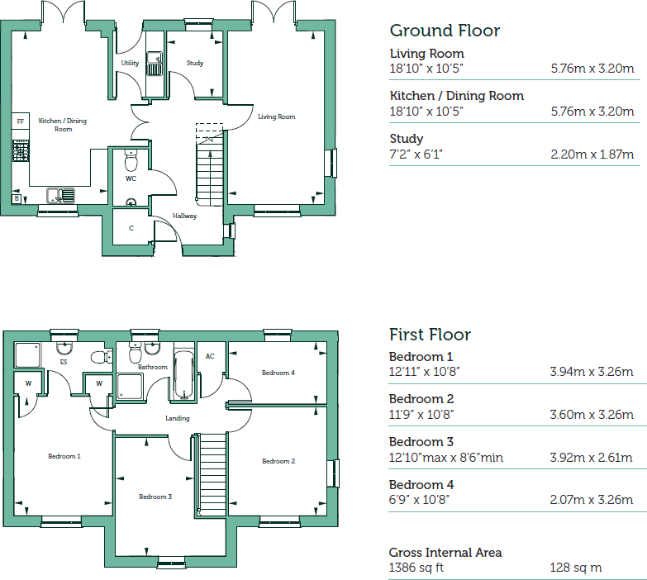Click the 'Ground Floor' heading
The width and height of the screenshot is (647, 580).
coord(445,31)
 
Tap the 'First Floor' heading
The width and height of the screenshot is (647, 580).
coord(430,335)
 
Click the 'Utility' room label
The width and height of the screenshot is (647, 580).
coord(130,63)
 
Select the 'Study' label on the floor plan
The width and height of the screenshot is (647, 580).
coord(195,63)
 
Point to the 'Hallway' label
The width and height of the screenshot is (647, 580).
coord(184,216)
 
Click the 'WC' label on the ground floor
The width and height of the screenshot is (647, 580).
coord(131,178)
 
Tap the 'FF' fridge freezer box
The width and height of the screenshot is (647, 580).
coord(20,121)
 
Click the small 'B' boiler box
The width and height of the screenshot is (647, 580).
coord(17,198)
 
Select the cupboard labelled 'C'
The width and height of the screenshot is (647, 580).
coord(131,228)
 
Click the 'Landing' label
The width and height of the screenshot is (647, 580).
coord(178,418)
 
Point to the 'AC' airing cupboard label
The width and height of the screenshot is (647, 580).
coord(210,356)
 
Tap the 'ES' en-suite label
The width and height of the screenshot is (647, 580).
coord(63,362)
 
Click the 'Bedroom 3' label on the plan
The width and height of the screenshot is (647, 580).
coord(155,497)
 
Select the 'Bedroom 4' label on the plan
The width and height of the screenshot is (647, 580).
coord(278,373)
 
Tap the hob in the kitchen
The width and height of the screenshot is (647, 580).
coord(20,151)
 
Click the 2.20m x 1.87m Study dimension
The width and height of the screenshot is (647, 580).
coord(592,155)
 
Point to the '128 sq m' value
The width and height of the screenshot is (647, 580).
coord(575,568)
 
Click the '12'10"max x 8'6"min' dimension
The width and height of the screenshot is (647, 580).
coord(445,458)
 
